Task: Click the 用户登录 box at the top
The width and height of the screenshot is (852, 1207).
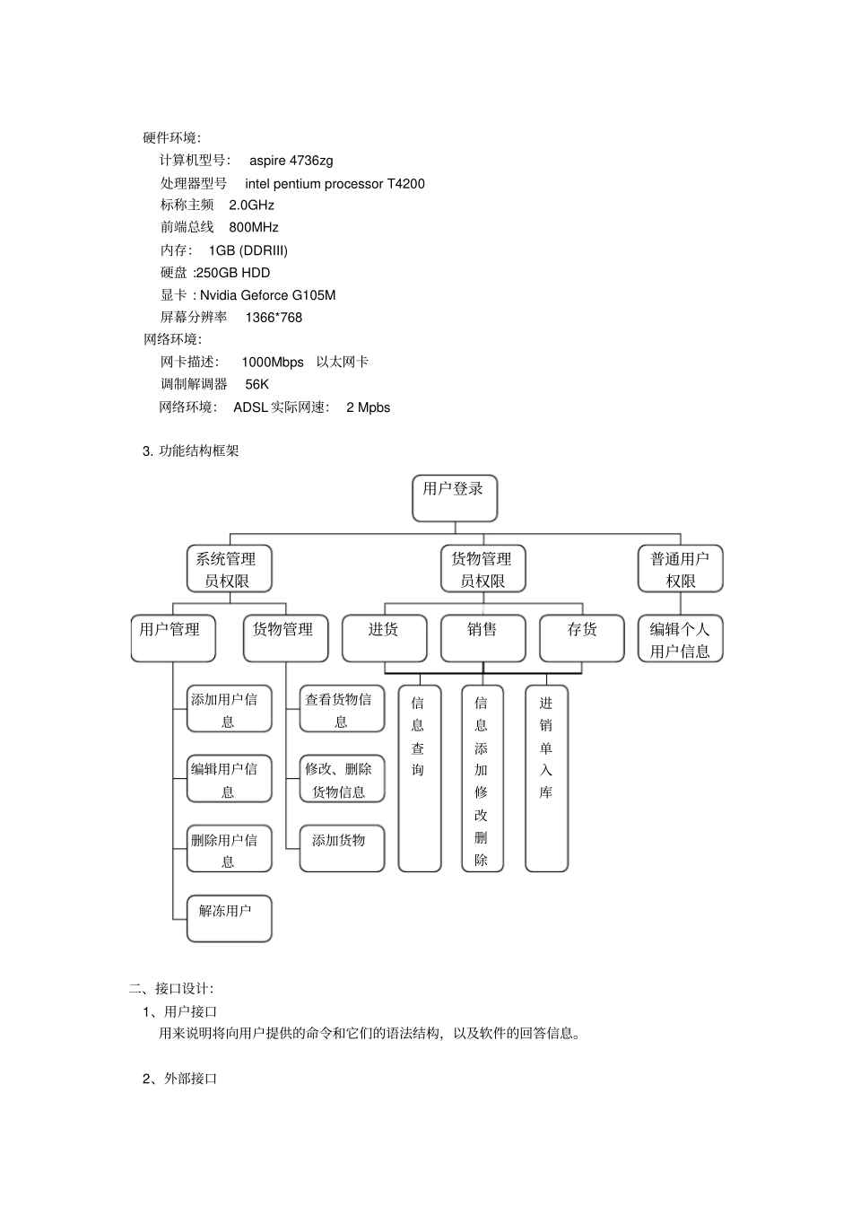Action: point(454,498)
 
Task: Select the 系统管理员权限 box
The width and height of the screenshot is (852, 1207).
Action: point(229,569)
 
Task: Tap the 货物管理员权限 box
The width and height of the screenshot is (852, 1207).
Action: point(483,569)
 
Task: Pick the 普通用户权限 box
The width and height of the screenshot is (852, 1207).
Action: point(680,569)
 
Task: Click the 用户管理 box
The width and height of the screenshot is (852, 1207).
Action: point(172,638)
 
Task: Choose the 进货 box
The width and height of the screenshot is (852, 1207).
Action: point(384,638)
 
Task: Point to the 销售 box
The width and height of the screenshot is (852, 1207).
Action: point(483,638)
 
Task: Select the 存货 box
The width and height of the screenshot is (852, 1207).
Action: point(581,638)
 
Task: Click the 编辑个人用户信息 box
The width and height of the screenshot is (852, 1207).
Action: point(680,639)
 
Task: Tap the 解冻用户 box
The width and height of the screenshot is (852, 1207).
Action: point(229,918)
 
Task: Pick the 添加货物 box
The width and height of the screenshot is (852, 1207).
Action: point(342,848)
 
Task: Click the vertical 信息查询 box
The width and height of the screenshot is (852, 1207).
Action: point(419,778)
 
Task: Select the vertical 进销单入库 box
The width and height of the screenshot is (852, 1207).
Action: point(546,778)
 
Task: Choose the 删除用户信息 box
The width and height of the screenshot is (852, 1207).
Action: point(229,849)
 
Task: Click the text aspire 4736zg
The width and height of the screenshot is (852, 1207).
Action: point(291,161)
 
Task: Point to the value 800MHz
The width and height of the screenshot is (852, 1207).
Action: point(254,227)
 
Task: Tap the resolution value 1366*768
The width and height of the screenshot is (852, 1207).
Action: point(274,318)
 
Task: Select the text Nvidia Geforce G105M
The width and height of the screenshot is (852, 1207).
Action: point(267,295)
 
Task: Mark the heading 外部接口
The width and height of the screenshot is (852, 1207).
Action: point(190,1079)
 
